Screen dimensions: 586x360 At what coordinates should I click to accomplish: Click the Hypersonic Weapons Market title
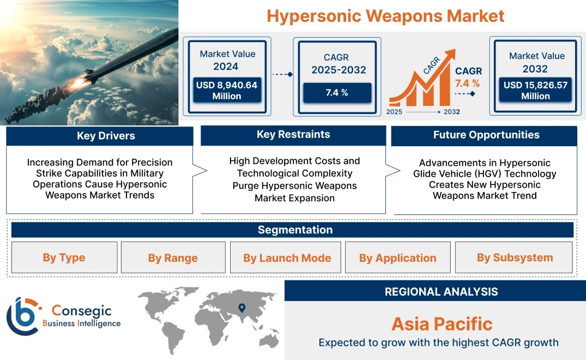[x=385, y=16]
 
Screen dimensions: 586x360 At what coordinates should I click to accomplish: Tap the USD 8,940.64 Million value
[x=227, y=91]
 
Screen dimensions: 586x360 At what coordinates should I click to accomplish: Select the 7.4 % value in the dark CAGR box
[x=337, y=93]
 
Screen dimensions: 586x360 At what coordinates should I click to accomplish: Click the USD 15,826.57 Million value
[x=535, y=91]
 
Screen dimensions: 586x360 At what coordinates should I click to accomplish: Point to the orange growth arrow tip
[x=455, y=50]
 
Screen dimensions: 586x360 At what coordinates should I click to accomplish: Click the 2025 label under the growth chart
[x=394, y=112]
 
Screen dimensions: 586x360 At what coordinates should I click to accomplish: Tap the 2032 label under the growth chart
[x=452, y=112]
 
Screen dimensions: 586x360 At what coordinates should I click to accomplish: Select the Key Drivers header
[x=106, y=136]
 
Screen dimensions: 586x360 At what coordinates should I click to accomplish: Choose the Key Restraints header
[x=293, y=135]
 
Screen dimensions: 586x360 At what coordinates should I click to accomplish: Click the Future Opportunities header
[x=486, y=135]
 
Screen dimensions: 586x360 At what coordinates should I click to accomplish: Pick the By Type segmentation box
[x=64, y=257]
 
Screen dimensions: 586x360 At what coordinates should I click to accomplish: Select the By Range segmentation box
[x=173, y=257]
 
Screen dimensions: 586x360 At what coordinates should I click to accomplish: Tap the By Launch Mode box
[x=286, y=257]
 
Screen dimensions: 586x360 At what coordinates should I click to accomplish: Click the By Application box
[x=397, y=257]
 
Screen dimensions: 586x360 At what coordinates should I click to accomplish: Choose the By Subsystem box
[x=514, y=257]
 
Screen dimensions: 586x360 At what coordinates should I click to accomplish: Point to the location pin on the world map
[x=242, y=308]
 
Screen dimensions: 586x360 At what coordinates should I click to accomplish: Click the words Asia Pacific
[x=442, y=324]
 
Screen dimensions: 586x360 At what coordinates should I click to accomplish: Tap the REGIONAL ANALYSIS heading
[x=442, y=292]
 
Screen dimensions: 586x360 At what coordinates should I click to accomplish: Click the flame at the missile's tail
[x=78, y=82]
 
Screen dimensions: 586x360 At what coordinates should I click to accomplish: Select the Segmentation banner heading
[x=295, y=230]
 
